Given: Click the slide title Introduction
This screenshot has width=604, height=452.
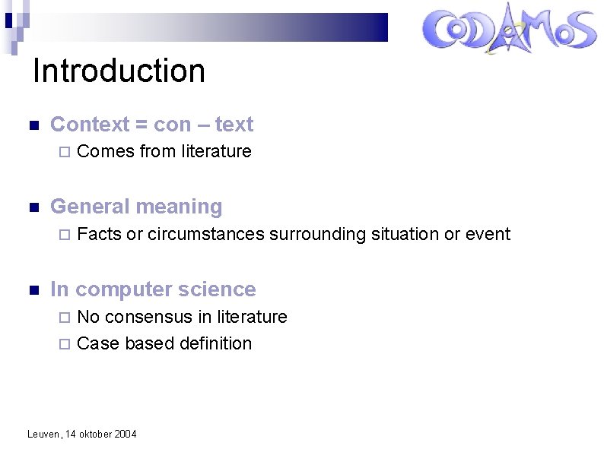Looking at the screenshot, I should tap(119, 71).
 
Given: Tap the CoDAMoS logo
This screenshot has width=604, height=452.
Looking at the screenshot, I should tap(509, 30).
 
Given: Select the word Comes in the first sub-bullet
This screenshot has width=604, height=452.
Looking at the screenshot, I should tap(106, 151).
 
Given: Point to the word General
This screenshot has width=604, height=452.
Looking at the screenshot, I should tap(87, 207).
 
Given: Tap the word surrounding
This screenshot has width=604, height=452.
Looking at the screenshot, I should tap(317, 234).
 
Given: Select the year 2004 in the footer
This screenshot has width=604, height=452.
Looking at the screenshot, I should tap(126, 435).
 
